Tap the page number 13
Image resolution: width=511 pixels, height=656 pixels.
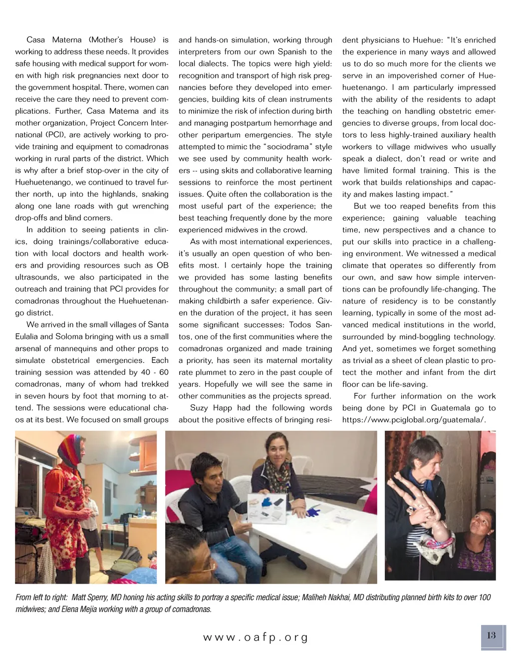[x=492, y=635]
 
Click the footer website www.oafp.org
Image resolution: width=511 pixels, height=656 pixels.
[x=255, y=638]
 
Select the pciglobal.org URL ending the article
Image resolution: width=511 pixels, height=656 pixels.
[x=414, y=420]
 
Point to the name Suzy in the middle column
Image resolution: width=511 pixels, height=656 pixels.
[x=199, y=408]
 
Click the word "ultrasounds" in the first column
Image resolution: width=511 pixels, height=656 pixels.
[x=36, y=277]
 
